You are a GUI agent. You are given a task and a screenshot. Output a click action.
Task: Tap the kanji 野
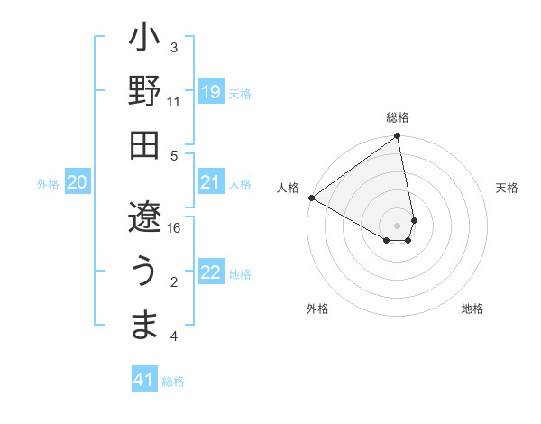144,92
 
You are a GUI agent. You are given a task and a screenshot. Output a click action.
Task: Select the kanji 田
144,143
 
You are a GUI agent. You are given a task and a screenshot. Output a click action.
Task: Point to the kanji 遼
144,218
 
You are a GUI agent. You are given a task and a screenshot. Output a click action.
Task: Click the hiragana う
144,271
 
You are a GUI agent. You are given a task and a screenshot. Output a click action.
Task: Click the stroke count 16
175,227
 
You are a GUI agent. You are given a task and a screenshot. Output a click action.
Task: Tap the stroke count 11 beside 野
174,102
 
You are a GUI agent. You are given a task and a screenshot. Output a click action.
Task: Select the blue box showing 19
210,91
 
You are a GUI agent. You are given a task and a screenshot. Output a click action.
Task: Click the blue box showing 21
210,183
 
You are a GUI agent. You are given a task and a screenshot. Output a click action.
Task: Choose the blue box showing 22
210,273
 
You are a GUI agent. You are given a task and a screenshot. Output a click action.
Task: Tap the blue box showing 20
77,183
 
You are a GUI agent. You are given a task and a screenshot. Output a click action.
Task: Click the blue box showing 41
144,380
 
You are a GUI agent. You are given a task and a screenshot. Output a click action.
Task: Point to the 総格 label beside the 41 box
173,382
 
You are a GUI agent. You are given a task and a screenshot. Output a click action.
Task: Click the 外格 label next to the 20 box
48,184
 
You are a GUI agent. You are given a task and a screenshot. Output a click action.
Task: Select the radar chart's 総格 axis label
398,117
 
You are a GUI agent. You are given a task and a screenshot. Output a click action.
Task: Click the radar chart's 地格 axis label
472,309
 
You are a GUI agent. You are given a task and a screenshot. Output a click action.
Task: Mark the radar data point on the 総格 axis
398,137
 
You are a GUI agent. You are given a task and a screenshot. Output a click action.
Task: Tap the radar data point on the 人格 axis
311,198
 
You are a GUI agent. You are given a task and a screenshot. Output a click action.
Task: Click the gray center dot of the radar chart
398,225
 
